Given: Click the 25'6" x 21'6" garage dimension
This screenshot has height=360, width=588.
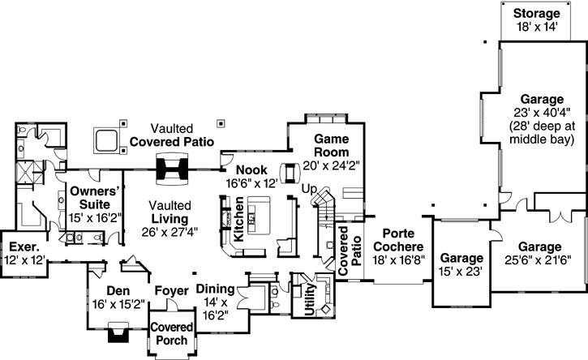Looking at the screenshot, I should tap(540, 259).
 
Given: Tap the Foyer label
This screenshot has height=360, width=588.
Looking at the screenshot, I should tap(171, 290).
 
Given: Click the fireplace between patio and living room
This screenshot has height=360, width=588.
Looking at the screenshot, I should tap(172, 169).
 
